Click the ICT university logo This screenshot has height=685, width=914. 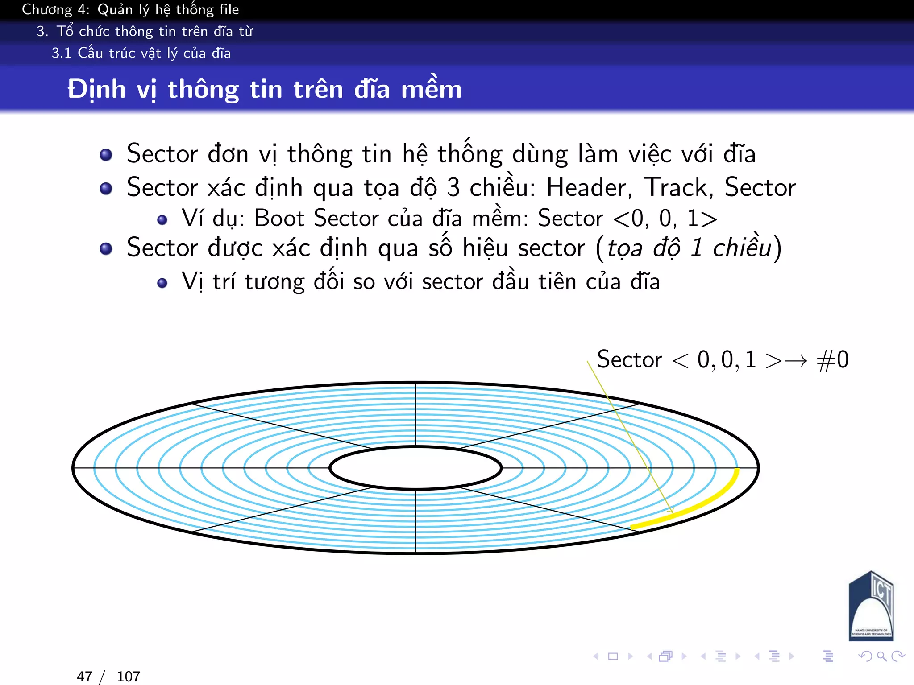(x=871, y=607)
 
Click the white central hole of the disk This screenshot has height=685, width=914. (x=415, y=468)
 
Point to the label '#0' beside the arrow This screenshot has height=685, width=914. (x=833, y=359)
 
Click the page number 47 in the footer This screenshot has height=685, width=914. (x=85, y=676)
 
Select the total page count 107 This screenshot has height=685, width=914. (x=129, y=676)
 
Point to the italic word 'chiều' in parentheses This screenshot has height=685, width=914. (x=742, y=248)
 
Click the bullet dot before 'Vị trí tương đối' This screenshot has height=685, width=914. (x=162, y=283)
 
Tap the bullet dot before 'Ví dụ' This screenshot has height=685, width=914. (x=162, y=220)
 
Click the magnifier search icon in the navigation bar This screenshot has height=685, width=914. (x=881, y=656)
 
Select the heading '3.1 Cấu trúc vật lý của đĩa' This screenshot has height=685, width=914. (x=141, y=53)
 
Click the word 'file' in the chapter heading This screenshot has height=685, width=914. (x=229, y=9)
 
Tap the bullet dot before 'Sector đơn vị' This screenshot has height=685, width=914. (x=106, y=155)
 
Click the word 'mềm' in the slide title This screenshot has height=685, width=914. (x=431, y=89)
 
